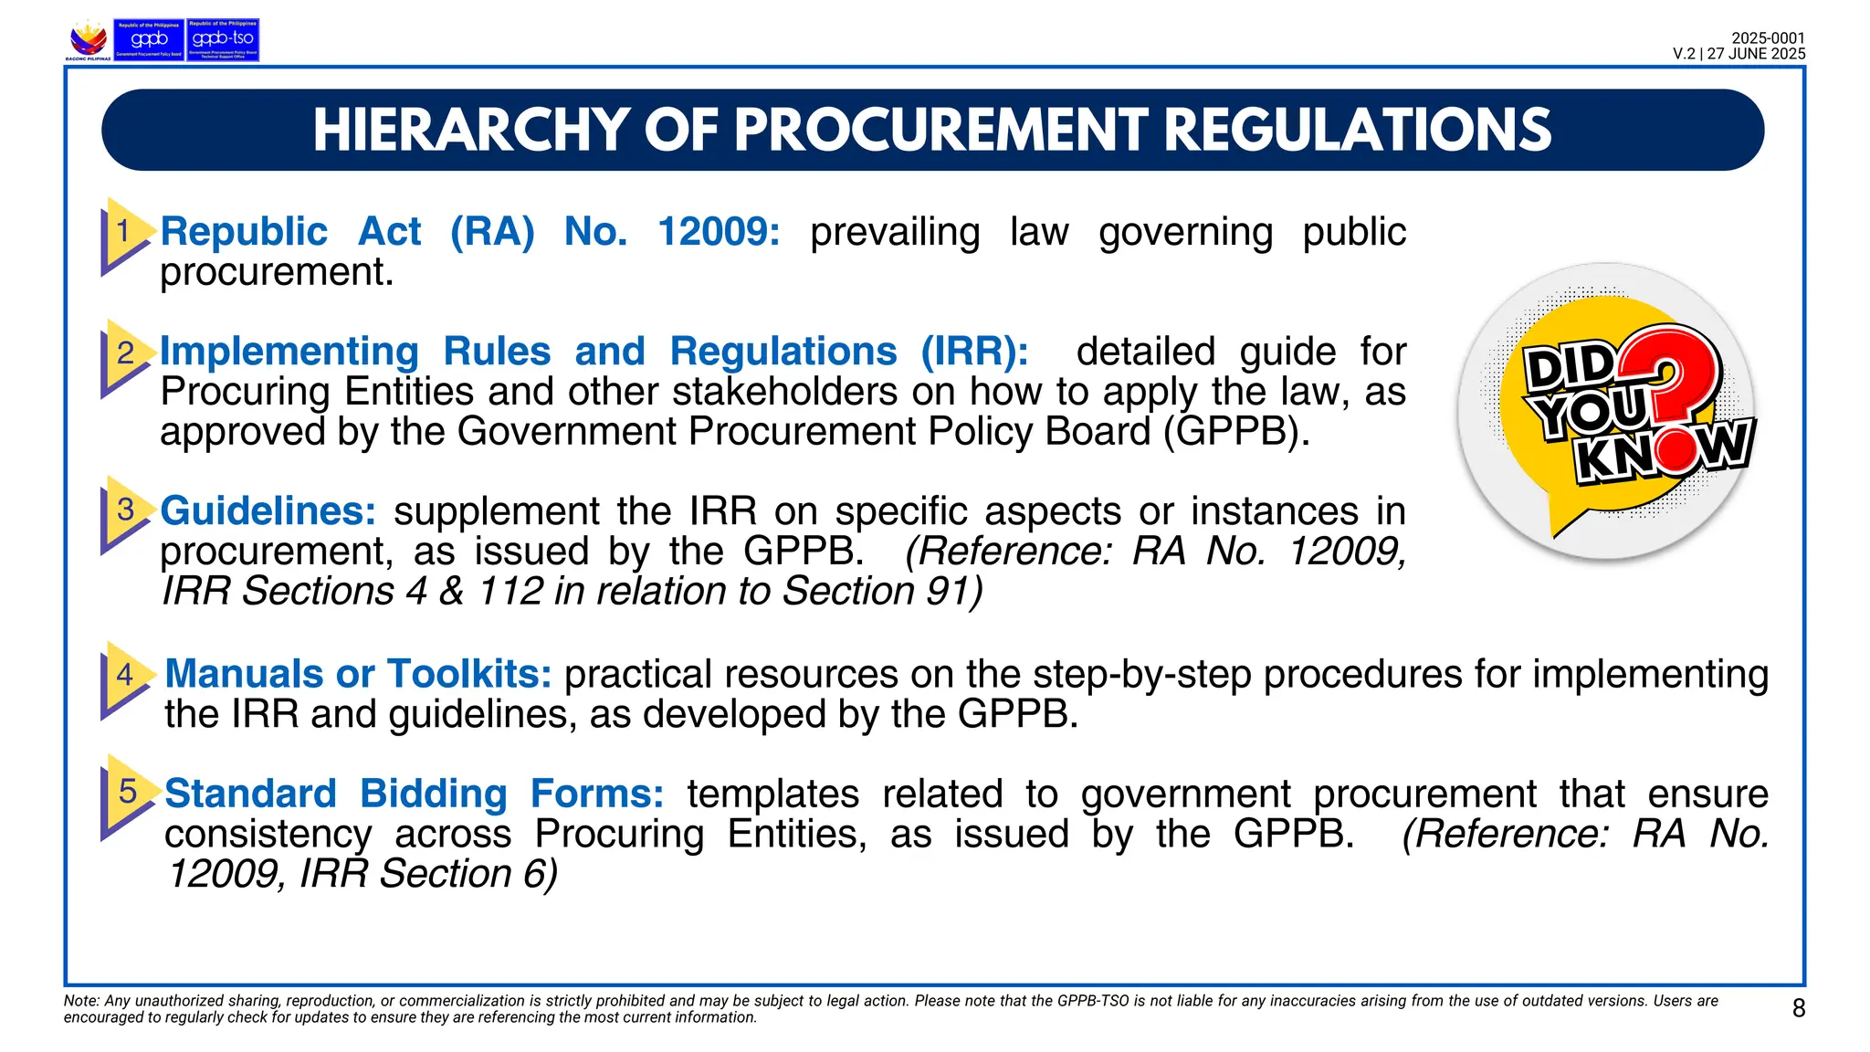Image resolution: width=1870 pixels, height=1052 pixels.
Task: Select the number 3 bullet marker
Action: point(125,510)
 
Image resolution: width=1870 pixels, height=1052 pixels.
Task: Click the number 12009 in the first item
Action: point(719,232)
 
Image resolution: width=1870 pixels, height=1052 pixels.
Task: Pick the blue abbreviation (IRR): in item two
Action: point(974,352)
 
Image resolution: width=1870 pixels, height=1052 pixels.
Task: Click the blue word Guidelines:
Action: point(268,511)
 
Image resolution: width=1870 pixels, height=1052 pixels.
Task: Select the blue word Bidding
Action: point(433,794)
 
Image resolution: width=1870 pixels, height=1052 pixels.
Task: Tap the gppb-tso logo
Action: point(223,40)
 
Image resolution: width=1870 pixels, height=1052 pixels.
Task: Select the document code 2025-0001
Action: point(1768,38)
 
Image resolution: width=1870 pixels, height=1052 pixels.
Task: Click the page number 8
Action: point(1798,1008)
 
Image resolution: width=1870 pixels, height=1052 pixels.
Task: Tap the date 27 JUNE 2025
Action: point(1756,54)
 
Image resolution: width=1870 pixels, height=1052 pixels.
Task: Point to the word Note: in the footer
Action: point(81,1001)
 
